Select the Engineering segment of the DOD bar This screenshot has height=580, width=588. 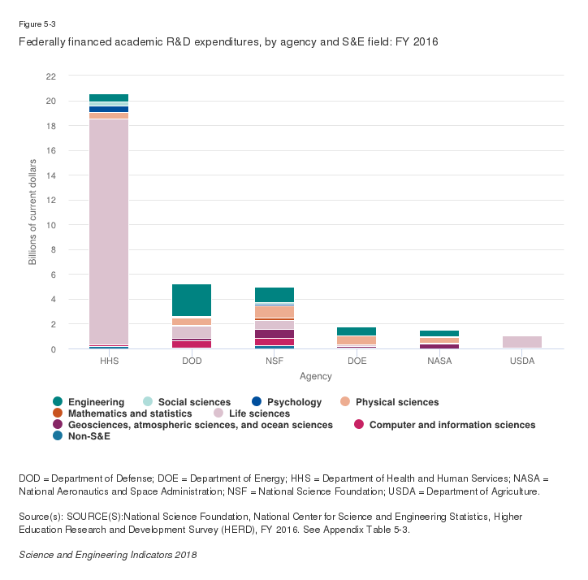point(192,301)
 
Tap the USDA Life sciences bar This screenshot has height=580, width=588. point(522,342)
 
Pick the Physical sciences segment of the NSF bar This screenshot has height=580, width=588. point(275,311)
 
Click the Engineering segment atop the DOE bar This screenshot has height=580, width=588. point(357,331)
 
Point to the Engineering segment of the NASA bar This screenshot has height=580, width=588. point(439,334)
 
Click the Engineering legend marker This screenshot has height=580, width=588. point(57,402)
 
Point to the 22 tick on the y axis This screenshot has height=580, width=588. point(51,76)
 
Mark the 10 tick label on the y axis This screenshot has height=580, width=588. point(51,225)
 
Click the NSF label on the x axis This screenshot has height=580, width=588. point(275,361)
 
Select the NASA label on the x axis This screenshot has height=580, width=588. point(439,361)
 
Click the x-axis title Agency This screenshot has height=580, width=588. point(315,377)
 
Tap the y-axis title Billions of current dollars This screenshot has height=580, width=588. point(33,212)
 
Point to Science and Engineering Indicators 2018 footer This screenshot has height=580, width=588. point(108,554)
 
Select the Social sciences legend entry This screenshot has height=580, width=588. point(186,402)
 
